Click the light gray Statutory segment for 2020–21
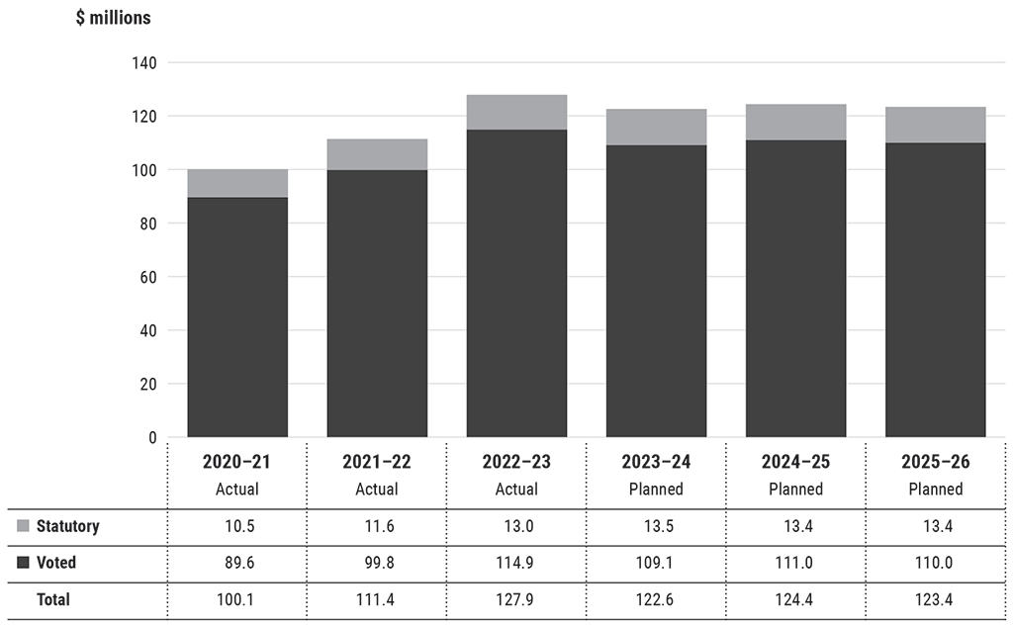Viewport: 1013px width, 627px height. (x=237, y=183)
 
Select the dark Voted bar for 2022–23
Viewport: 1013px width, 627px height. (x=516, y=283)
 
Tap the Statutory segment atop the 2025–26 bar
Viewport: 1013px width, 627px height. (x=936, y=125)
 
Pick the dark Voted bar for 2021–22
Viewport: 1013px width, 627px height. (x=377, y=303)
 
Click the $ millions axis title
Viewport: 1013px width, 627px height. (x=113, y=18)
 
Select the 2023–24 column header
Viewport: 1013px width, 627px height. (x=656, y=462)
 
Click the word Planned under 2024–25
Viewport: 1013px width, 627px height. (x=796, y=490)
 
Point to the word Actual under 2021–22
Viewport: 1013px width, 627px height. (x=377, y=490)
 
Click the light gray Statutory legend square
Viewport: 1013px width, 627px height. (x=23, y=526)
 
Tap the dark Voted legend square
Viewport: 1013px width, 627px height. (x=23, y=563)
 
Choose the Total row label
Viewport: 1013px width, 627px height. (x=53, y=599)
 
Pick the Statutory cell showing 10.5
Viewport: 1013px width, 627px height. (x=237, y=526)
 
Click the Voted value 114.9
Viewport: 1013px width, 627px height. (x=516, y=563)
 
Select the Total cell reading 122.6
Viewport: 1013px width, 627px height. (x=656, y=599)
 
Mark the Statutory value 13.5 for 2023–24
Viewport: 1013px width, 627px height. (x=656, y=526)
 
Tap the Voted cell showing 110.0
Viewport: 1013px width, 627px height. (x=936, y=563)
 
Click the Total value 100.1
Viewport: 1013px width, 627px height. (x=237, y=599)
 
